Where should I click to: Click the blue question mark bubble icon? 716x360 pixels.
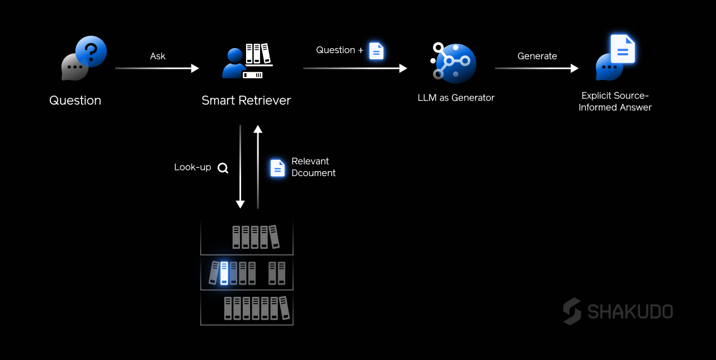[91, 51]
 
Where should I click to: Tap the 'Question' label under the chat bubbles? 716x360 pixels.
[75, 101]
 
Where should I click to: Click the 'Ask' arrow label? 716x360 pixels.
[158, 56]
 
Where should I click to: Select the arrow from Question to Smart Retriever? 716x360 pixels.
[157, 68]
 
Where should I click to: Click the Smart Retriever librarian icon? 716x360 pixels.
[247, 61]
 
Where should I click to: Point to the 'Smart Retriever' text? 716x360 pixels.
[246, 101]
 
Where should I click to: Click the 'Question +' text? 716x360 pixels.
[340, 50]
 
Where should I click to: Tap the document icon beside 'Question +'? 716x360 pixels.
[376, 51]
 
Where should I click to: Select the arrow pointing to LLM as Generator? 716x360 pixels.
[355, 68]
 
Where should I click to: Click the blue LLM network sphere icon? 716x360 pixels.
[454, 63]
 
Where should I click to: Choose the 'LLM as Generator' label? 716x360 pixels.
[456, 98]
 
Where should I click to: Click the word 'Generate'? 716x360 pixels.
[537, 56]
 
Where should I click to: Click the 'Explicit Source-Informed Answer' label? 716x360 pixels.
[615, 101]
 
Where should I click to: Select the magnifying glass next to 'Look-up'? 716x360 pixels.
[223, 168]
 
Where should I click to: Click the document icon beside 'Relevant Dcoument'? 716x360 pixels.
[277, 168]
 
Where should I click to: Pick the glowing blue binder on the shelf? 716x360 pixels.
[224, 273]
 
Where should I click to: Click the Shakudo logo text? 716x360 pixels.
[630, 311]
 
